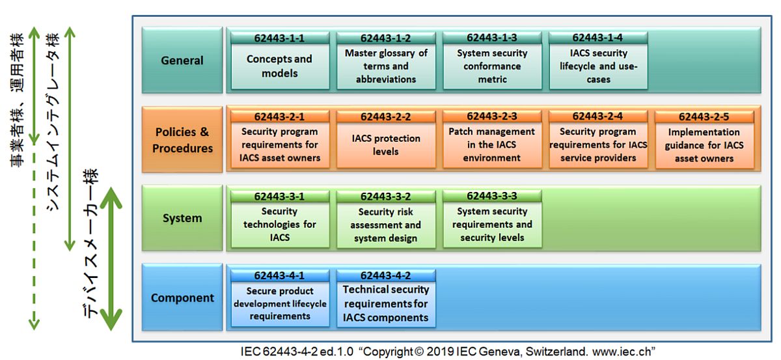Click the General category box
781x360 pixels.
coord(182,61)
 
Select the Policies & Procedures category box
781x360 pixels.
coord(182,140)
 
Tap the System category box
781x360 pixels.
coord(182,218)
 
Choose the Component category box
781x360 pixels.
coord(182,298)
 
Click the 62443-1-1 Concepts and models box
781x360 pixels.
coord(280,66)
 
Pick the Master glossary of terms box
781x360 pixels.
coord(386,66)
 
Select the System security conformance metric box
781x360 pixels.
coord(492,66)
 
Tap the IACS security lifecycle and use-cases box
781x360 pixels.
coord(598,66)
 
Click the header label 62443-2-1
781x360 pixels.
coord(280,117)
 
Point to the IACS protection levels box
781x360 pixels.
coord(386,145)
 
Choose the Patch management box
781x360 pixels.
coord(492,145)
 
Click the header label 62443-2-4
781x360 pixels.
coord(598,117)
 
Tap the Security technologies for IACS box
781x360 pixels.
coord(280,224)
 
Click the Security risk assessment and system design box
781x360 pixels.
coord(386,225)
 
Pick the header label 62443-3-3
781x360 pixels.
coord(492,196)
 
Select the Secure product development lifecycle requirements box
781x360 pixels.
coord(280,303)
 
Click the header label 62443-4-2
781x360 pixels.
coord(386,275)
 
